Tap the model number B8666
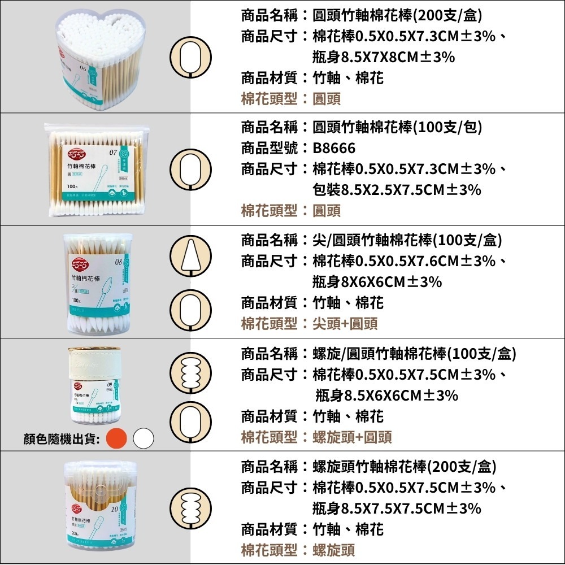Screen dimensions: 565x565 334,149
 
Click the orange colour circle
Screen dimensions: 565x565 117,438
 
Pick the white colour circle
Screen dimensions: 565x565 144,438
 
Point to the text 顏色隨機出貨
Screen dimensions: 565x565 62,438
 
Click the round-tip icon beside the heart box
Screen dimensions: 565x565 191,56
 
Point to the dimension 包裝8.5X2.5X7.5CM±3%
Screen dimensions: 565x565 397,190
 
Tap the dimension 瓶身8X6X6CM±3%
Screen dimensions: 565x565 377,282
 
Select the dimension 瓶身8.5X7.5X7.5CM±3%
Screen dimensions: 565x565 397,508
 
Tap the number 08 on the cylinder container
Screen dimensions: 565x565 118,262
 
